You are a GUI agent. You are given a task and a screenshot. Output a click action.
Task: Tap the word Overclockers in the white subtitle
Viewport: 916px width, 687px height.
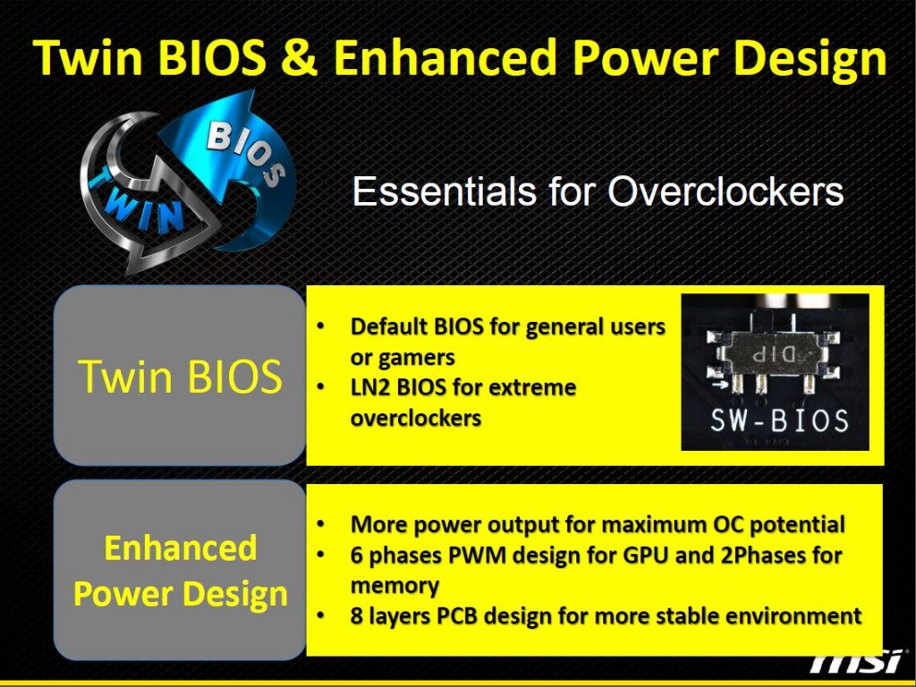[725, 191]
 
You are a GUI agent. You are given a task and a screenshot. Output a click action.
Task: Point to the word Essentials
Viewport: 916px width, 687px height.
[444, 191]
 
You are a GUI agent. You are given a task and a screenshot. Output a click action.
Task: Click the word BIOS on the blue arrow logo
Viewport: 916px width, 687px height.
[245, 153]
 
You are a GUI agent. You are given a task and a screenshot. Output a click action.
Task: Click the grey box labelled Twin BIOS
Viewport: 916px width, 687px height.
[179, 376]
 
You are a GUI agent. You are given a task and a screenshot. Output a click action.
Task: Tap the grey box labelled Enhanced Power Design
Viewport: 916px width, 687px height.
[179, 570]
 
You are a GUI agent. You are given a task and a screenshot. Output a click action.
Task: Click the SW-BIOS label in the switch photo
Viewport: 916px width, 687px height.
[779, 420]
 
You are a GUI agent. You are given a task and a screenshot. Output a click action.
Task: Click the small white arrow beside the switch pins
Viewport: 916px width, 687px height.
[720, 385]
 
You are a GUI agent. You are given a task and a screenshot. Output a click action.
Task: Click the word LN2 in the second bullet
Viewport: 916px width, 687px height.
[370, 387]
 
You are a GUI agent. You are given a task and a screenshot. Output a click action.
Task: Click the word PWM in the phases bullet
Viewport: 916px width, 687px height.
[477, 555]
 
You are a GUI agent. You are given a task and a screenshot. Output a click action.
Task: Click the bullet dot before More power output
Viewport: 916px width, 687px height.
[320, 524]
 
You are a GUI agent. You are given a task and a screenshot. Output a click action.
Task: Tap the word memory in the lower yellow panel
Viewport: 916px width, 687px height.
[394, 585]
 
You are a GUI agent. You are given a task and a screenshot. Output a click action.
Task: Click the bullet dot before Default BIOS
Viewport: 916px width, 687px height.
[320, 326]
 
